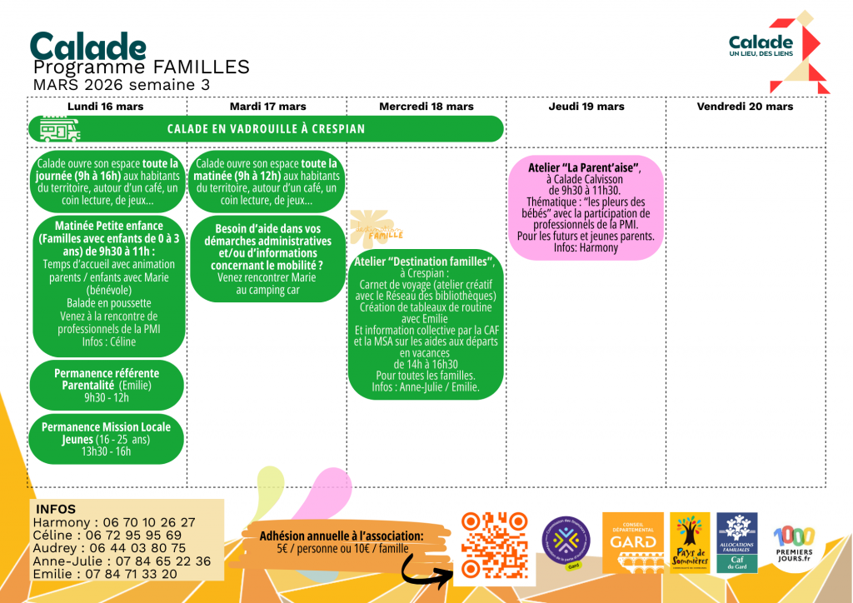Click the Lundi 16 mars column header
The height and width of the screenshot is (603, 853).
click(x=106, y=107)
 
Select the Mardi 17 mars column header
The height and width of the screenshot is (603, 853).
click(x=267, y=107)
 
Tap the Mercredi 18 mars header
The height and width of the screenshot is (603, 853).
click(x=426, y=107)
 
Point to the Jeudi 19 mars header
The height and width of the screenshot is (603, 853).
click(x=586, y=107)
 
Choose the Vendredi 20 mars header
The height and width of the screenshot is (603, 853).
click(x=746, y=107)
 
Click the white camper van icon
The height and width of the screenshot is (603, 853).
click(x=61, y=129)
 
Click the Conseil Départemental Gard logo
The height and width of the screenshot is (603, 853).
click(x=633, y=542)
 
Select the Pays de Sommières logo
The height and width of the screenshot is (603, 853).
click(x=690, y=542)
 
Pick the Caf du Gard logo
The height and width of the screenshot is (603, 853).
click(x=737, y=542)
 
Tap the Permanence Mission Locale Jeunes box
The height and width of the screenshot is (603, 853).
click(x=106, y=439)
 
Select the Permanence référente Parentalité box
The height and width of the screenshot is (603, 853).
click(x=106, y=385)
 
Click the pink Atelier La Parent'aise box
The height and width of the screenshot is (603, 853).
click(x=586, y=207)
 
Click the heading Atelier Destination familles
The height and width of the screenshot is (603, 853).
click(x=425, y=262)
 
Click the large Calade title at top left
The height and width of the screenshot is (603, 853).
click(x=87, y=47)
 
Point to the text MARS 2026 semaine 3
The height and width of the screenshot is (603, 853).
click(x=122, y=85)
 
